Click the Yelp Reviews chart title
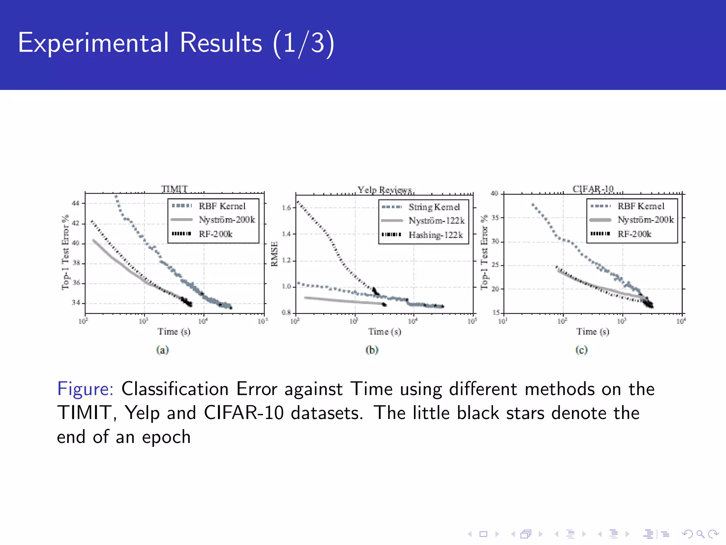tap(385, 190)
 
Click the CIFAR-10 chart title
tap(593, 188)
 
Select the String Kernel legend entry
tap(434, 207)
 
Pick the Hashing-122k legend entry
tap(436, 235)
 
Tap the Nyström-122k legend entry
tap(436, 221)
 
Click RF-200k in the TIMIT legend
tap(216, 234)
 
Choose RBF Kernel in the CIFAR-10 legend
tap(641, 206)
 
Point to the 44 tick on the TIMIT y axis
tap(76, 203)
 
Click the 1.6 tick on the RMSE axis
tap(286, 208)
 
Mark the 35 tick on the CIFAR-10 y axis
tap(495, 218)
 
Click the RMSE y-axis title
tap(274, 254)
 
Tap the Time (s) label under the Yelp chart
tap(385, 331)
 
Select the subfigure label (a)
tap(162, 350)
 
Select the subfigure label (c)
tap(581, 350)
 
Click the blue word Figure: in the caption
tap(85, 389)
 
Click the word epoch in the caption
tap(166, 437)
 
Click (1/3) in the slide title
tap(303, 43)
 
